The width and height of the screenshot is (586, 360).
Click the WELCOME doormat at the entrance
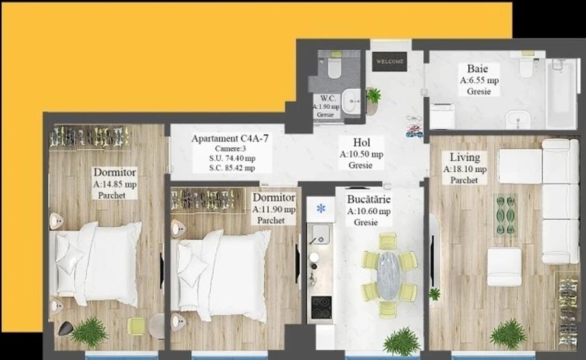click(389, 62)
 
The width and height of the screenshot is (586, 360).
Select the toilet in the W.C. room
click(335, 68)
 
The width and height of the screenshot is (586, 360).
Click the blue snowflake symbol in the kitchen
click(320, 209)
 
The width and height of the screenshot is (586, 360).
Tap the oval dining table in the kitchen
click(389, 275)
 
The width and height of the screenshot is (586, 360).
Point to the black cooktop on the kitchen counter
click(320, 307)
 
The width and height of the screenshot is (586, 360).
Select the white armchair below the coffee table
click(505, 266)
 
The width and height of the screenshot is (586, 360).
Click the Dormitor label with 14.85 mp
click(115, 173)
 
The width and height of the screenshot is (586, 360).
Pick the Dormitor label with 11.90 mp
click(273, 198)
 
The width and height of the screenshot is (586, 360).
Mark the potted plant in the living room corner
click(508, 333)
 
